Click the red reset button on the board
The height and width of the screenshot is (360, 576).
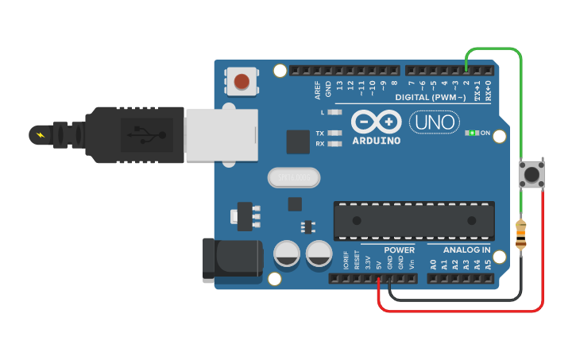point(242,80)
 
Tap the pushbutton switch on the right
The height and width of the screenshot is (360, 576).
point(530,175)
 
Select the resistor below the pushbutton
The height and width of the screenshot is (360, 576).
point(521,235)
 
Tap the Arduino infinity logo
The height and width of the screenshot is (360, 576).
point(375,122)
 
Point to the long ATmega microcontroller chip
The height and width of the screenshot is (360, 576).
point(414,220)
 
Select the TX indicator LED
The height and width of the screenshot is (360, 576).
point(334,134)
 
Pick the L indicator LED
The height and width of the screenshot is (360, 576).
point(334,114)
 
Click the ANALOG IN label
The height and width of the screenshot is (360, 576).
point(466,250)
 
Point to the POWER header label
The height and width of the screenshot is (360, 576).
point(399,250)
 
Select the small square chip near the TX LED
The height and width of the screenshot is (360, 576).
point(298,141)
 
